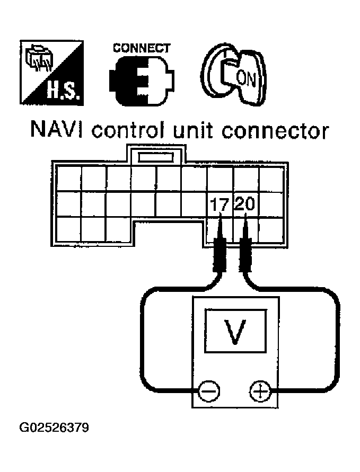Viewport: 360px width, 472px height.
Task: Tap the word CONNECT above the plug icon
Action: [141, 48]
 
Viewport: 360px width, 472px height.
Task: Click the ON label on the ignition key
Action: [245, 79]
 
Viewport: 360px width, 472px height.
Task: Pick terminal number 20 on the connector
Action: [246, 204]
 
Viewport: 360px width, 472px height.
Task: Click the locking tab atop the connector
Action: [156, 157]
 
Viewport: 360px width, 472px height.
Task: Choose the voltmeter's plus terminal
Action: [258, 392]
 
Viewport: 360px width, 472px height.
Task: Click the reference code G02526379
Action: [54, 427]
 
